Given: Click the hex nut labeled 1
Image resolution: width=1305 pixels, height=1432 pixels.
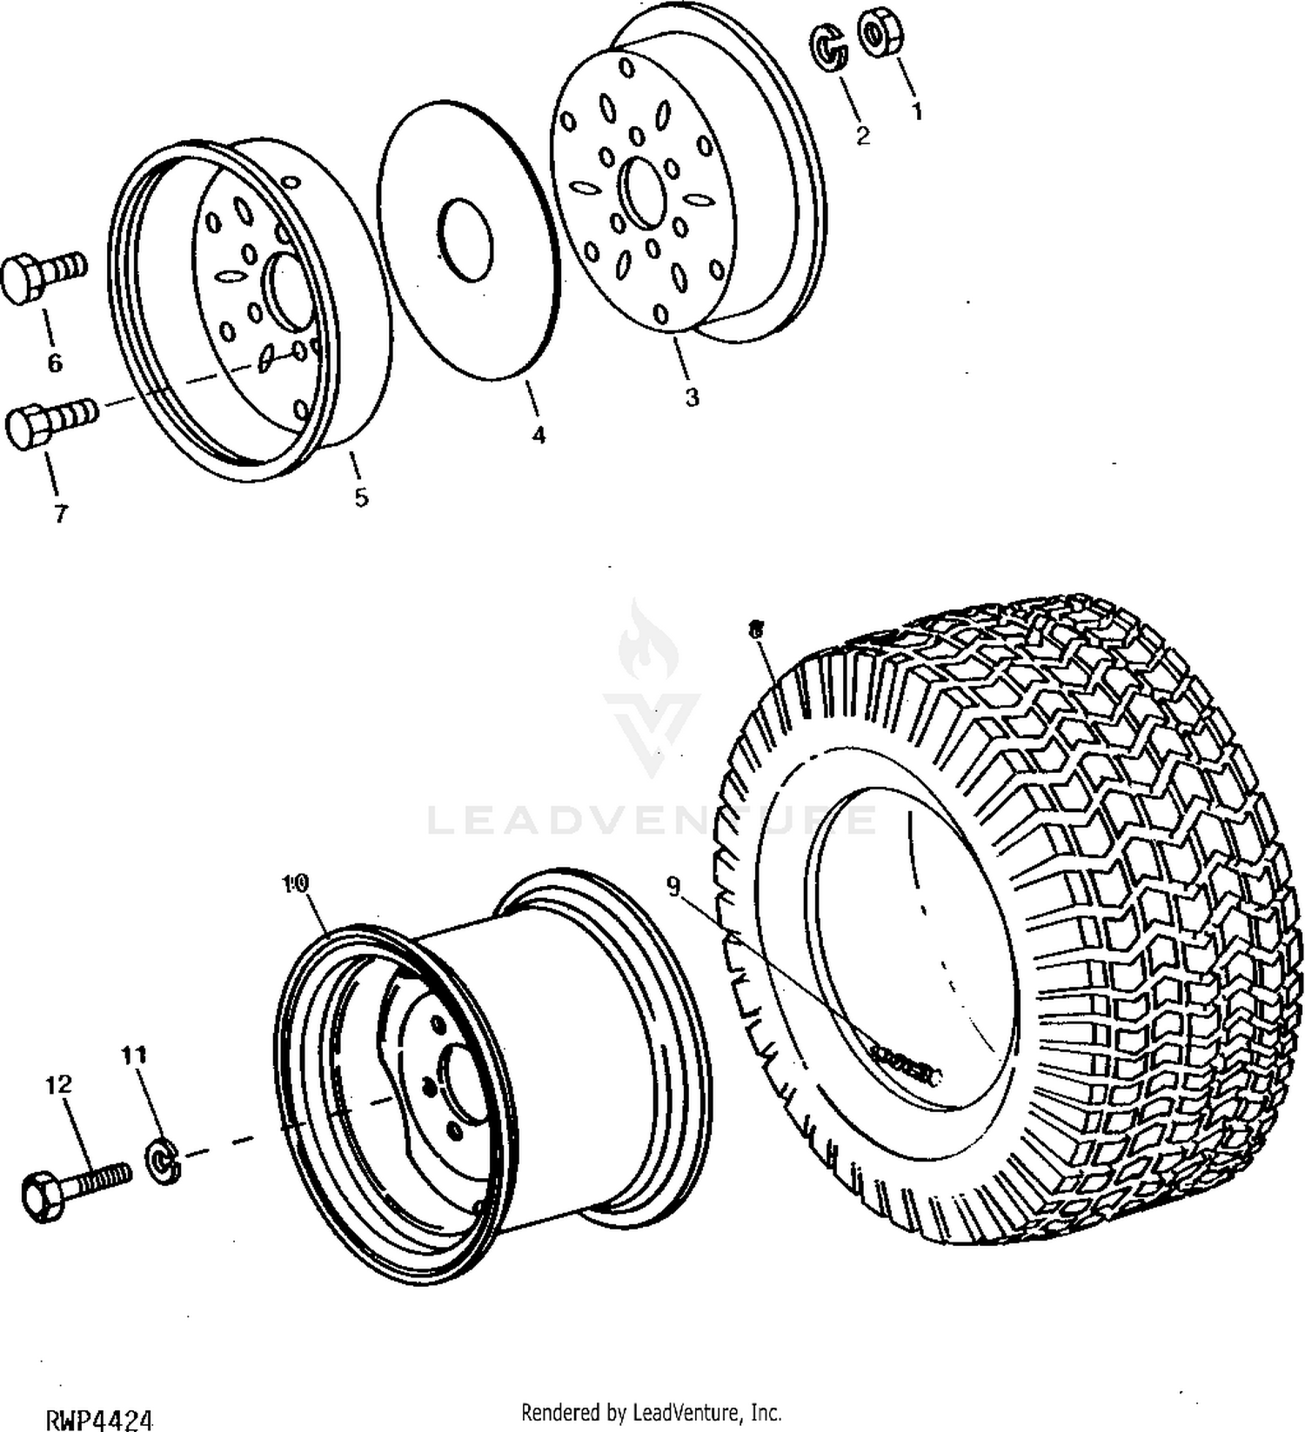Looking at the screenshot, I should [880, 33].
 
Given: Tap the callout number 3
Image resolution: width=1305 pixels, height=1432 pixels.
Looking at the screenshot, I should [692, 397].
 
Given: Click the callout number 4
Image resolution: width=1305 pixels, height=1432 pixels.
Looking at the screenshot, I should [539, 435].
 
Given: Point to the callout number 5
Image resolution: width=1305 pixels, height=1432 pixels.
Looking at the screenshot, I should [361, 497].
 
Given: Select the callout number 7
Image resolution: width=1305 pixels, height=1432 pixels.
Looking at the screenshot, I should [60, 515].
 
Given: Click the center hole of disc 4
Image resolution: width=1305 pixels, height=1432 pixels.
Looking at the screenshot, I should [465, 241].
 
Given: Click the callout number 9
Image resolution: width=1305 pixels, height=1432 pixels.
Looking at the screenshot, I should [673, 885].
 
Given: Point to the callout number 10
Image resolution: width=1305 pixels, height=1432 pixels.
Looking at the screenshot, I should [296, 883].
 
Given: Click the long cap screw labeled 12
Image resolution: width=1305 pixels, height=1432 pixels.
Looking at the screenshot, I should [73, 1188].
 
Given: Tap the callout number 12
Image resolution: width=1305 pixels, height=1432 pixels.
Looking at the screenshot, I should [58, 1084].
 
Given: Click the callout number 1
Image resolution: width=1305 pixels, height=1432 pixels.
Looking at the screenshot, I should [915, 111].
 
